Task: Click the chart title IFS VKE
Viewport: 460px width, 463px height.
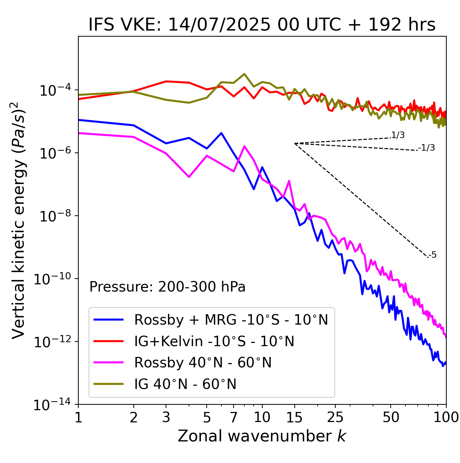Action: click(x=262, y=25)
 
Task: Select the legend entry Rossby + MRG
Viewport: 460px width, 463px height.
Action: click(x=231, y=320)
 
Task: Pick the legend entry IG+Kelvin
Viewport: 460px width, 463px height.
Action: click(x=214, y=341)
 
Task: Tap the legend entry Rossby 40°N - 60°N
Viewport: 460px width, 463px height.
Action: click(x=203, y=363)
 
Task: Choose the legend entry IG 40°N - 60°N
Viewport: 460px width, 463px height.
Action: click(x=185, y=384)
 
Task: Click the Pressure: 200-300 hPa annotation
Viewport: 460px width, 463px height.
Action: click(x=167, y=287)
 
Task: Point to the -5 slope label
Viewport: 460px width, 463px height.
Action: click(x=432, y=255)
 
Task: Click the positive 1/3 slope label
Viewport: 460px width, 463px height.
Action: click(x=398, y=135)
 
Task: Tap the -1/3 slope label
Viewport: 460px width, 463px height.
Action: click(x=427, y=148)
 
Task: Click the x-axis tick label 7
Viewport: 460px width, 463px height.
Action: click(x=234, y=417)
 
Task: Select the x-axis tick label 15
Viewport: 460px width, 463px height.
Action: click(x=294, y=417)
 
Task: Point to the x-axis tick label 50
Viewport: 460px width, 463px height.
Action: click(x=391, y=417)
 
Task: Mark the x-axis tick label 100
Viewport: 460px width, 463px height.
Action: click(x=446, y=417)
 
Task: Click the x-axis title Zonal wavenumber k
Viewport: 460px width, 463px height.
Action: click(x=262, y=436)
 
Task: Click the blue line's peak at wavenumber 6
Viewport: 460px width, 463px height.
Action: click(x=221, y=133)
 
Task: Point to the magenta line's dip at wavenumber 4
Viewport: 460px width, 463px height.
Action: click(x=189, y=177)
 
